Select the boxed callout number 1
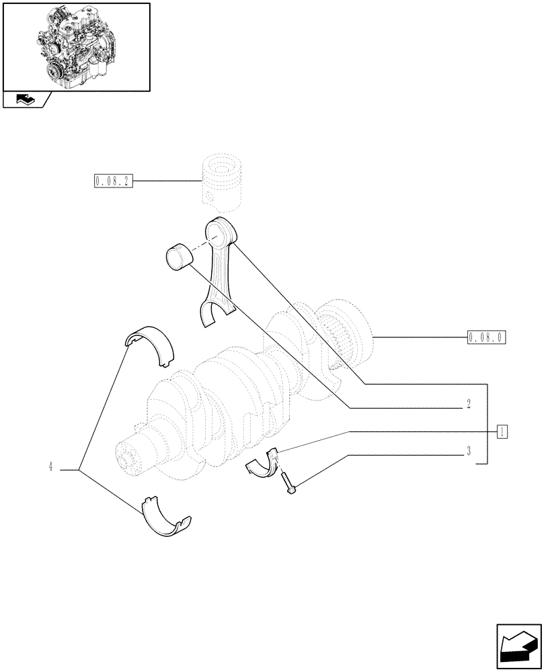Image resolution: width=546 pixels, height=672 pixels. [502, 431]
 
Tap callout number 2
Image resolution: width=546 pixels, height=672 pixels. [467, 405]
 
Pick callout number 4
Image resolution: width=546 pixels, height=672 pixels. [50, 467]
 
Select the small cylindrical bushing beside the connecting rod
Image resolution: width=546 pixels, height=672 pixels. [178, 256]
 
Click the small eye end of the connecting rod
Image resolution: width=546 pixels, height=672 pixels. [221, 233]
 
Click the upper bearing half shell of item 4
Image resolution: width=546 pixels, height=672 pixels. [151, 343]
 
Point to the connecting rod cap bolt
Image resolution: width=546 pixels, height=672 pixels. [288, 484]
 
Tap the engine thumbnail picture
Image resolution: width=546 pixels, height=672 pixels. [76, 46]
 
